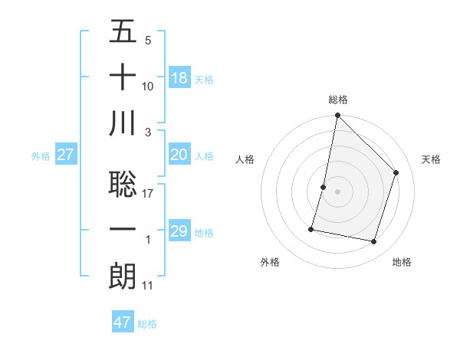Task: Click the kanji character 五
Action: click(123, 32)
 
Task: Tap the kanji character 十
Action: click(123, 78)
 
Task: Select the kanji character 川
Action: click(123, 124)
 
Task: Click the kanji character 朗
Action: click(123, 277)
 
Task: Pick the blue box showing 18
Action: click(179, 78)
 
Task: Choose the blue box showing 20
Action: click(179, 155)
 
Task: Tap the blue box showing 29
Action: click(179, 231)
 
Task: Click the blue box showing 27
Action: click(66, 155)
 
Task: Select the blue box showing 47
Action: click(123, 322)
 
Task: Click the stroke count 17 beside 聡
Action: click(148, 194)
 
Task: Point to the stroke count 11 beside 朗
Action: click(148, 286)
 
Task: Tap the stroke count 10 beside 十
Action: click(148, 87)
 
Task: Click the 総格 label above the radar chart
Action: click(338, 100)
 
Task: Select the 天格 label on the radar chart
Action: click(432, 159)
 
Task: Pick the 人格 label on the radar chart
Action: click(245, 159)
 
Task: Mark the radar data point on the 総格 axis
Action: click(337, 116)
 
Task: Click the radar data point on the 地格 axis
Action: click(374, 242)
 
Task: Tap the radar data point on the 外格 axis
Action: click(311, 228)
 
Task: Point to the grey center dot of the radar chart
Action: click(337, 191)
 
